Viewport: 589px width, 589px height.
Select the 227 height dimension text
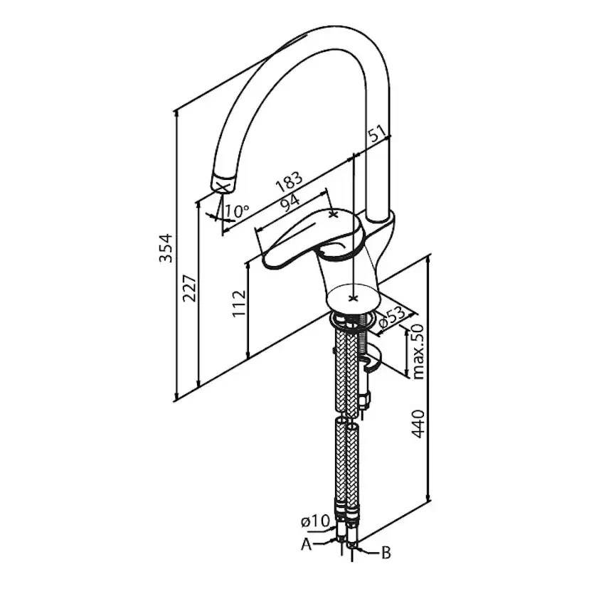[x=189, y=288]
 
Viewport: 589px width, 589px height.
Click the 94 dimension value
[x=289, y=204]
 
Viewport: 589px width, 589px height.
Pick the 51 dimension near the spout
[x=377, y=132]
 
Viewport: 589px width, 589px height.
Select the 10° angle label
[x=236, y=211]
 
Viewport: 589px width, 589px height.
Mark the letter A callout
[x=307, y=544]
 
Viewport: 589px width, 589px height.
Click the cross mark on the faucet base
[x=354, y=297]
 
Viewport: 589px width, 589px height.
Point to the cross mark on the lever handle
[x=334, y=213]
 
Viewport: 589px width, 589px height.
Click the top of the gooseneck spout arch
[x=324, y=39]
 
